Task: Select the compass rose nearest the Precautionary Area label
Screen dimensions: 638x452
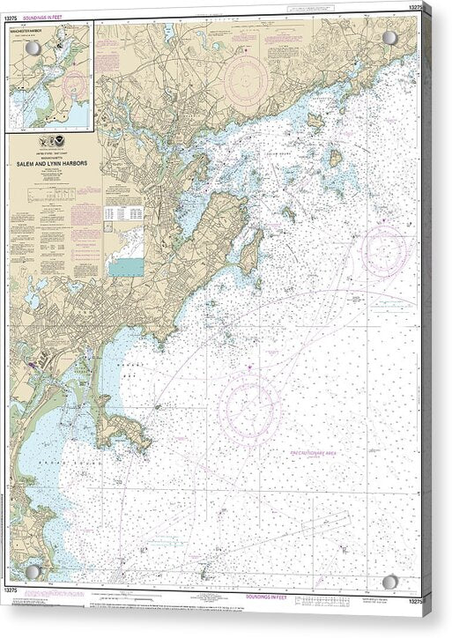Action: pyautogui.click(x=250, y=407)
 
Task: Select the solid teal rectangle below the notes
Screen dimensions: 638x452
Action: pyautogui.click(x=125, y=266)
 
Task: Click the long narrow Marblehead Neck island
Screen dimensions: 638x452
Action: pyautogui.click(x=250, y=251)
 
